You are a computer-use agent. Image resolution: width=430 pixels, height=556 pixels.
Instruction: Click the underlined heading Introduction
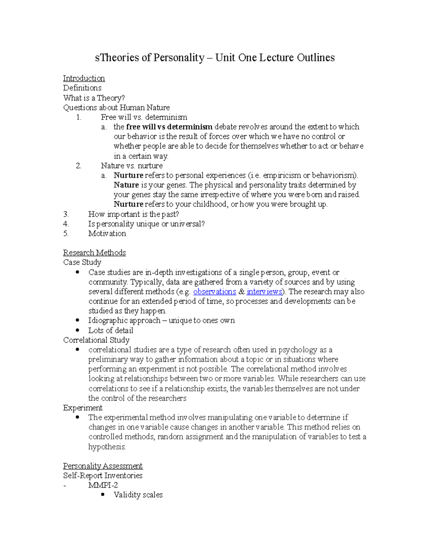[x=84, y=78]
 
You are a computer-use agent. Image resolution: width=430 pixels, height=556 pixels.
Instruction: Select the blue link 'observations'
[x=214, y=292]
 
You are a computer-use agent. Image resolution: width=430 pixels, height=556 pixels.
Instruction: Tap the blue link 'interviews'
[x=264, y=292]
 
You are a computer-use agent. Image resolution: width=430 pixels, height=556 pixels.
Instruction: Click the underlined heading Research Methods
[x=94, y=253]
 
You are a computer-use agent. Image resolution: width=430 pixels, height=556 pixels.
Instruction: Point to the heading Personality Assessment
[x=103, y=466]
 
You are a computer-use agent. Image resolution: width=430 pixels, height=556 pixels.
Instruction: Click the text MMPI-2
[x=103, y=485]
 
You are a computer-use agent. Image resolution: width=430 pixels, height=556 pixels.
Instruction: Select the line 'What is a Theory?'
[x=94, y=98]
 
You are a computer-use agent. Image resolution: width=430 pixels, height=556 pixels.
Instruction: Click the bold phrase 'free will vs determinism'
[x=169, y=127]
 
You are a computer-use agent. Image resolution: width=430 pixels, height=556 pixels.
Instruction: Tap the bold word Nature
[x=126, y=185]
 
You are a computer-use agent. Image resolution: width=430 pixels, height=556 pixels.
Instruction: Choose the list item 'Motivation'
[x=107, y=234]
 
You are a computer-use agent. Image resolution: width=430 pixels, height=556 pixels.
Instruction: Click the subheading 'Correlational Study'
[x=96, y=340]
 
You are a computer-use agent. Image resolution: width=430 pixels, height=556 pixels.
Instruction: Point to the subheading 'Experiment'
[x=83, y=408]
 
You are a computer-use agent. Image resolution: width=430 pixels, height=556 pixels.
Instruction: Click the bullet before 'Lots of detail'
[x=78, y=330]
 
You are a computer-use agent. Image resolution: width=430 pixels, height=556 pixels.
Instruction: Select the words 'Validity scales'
[x=138, y=495]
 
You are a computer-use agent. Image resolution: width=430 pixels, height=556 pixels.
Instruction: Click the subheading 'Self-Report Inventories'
[x=103, y=476]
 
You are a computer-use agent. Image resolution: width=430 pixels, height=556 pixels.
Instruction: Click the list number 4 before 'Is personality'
[x=66, y=224]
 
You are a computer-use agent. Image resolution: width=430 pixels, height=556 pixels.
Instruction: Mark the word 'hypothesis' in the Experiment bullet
[x=106, y=447]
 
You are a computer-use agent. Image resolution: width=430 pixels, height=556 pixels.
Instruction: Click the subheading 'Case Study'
[x=82, y=262]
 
